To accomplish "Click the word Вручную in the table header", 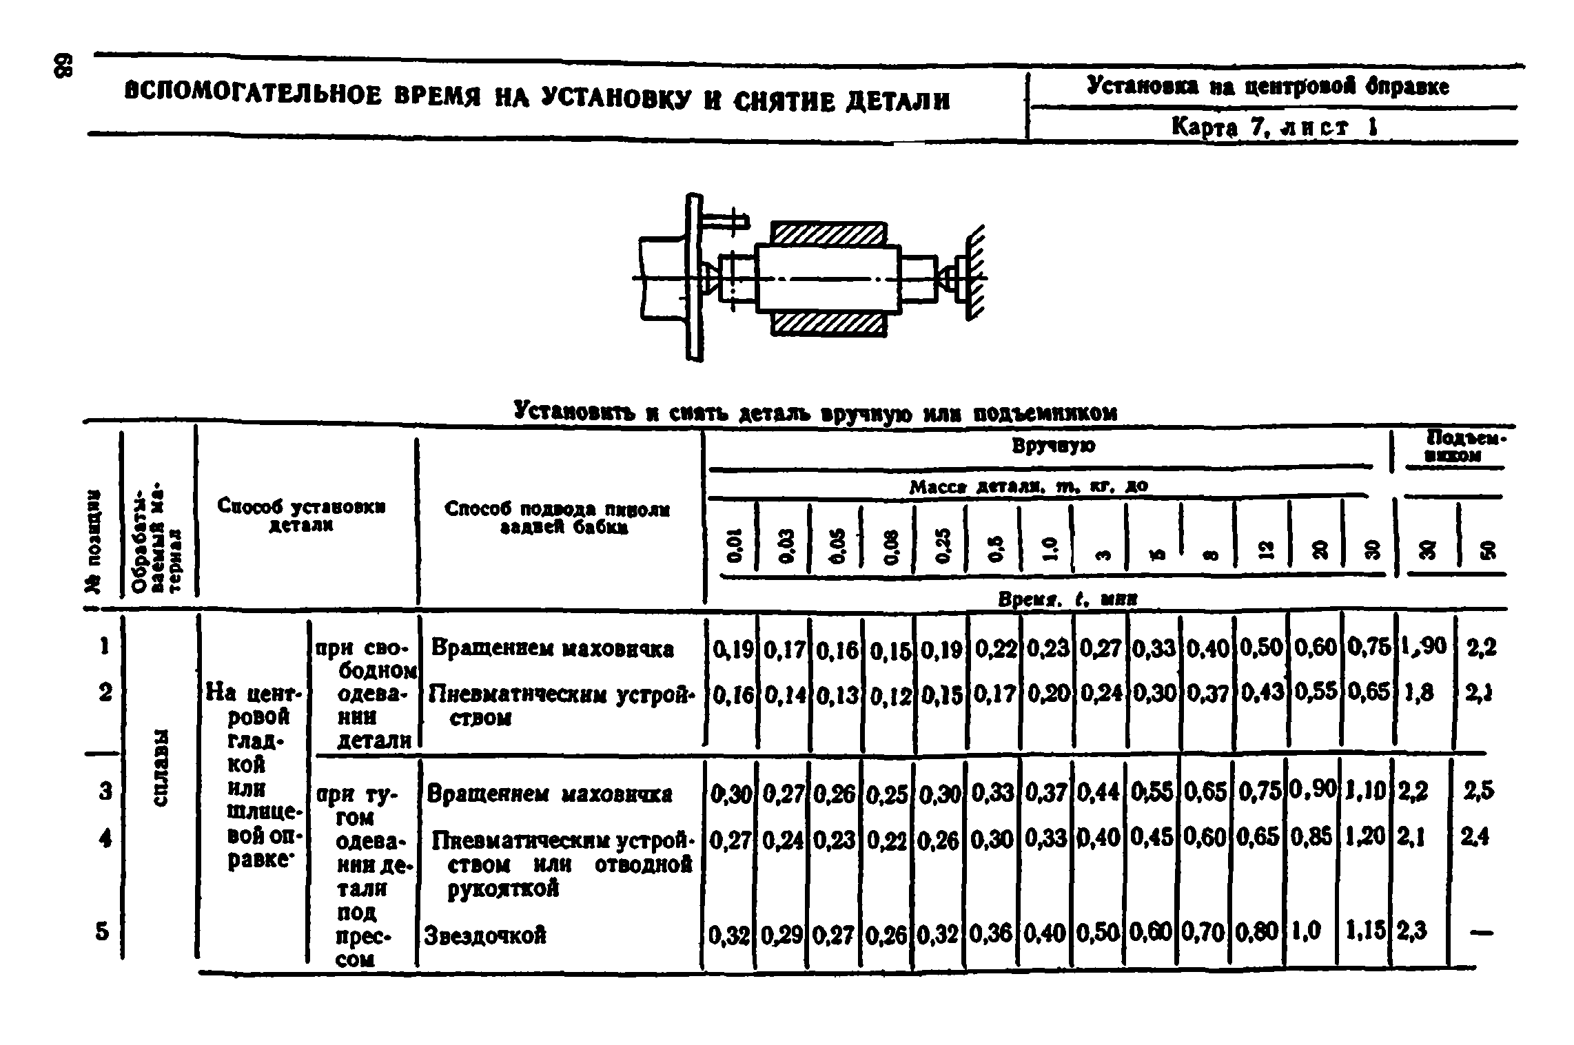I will pos(1053,446).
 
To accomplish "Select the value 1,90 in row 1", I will pos(1424,648).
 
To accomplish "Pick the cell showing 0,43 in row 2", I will pos(1260,692).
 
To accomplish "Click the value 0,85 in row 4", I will pos(1311,838).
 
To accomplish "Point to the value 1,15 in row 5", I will pos(1365,931).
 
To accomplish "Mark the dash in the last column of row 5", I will pos(1480,933).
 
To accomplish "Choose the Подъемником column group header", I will pos(1454,447).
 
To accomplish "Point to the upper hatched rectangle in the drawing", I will pos(828,234).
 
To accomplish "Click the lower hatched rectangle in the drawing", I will pos(828,323).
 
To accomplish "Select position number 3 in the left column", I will pos(105,791).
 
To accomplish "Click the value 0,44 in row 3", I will pos(1098,794).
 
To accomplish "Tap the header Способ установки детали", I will pos(301,514).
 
